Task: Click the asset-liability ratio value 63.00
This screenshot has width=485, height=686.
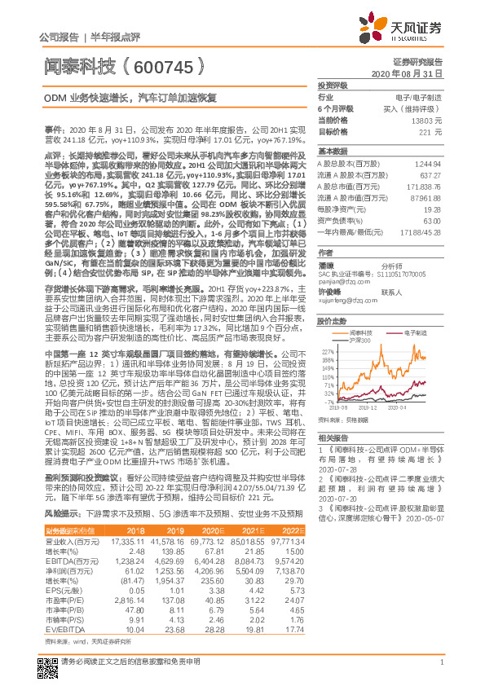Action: point(432,220)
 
